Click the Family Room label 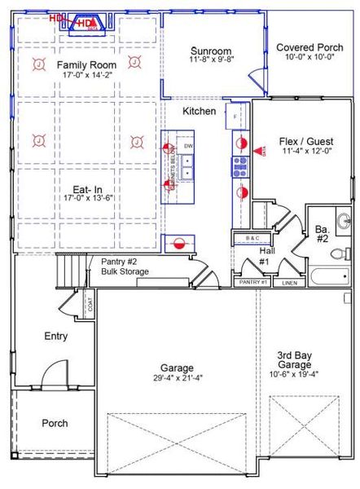pyautogui.click(x=86, y=64)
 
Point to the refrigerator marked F pyautogui.click(x=236, y=117)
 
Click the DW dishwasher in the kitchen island pyautogui.click(x=188, y=146)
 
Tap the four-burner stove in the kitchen pyautogui.click(x=241, y=167)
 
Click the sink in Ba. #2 pyautogui.click(x=344, y=219)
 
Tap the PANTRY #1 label pyautogui.click(x=252, y=283)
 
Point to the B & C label pyautogui.click(x=252, y=237)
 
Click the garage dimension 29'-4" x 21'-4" pyautogui.click(x=176, y=378)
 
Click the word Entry pyautogui.click(x=56, y=336)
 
